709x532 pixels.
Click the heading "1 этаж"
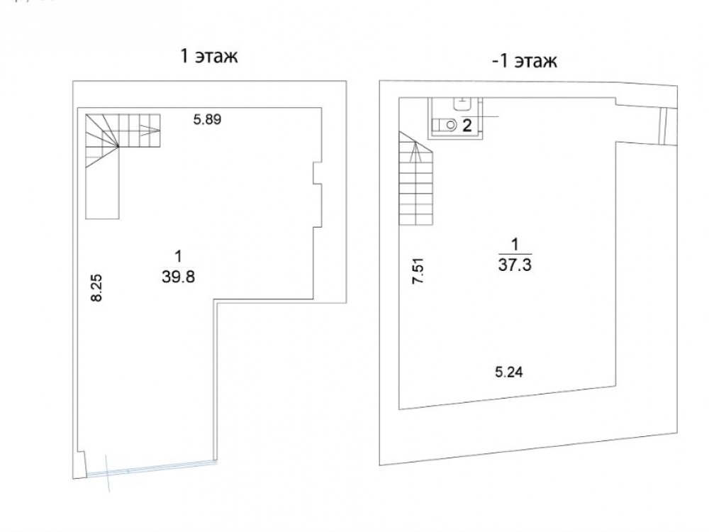[209, 57]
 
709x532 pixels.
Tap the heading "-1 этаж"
[525, 60]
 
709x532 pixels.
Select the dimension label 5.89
[207, 120]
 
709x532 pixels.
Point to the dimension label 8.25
[96, 288]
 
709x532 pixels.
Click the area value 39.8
[178, 277]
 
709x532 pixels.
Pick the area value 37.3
[515, 265]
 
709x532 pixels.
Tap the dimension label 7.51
[418, 270]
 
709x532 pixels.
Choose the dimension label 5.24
[509, 372]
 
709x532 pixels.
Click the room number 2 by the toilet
[467, 126]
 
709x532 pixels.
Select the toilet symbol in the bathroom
[445, 124]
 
